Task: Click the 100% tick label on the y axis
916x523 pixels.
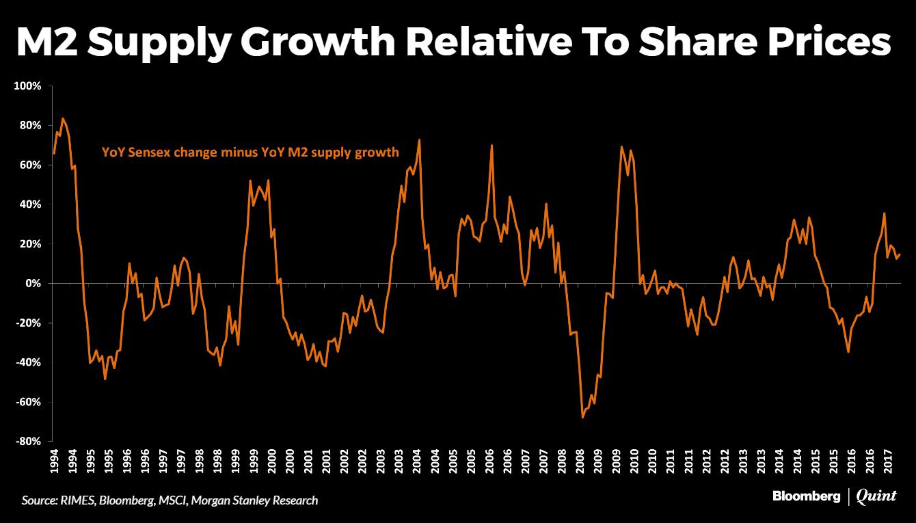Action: [27, 86]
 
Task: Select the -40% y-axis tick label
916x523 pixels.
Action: [28, 362]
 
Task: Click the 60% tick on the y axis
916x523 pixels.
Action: [30, 165]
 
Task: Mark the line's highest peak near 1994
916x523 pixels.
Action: [63, 119]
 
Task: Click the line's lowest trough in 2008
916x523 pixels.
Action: [582, 417]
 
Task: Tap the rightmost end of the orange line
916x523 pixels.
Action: [900, 254]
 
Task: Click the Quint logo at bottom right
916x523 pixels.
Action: [876, 497]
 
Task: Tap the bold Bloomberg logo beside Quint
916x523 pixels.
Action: [807, 497]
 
